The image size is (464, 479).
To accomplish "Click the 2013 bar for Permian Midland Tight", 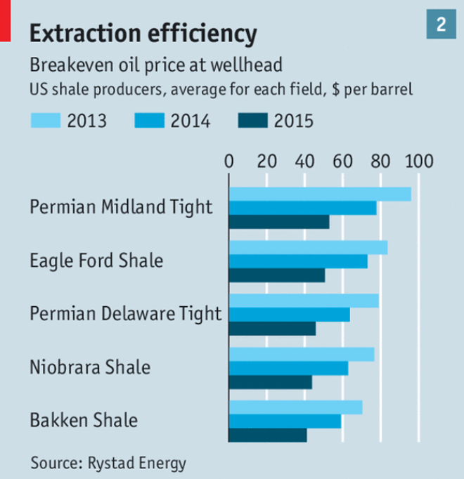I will [x=320, y=195].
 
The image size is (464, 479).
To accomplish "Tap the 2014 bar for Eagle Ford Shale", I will [x=298, y=261].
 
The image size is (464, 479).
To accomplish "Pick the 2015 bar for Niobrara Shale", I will [x=271, y=381].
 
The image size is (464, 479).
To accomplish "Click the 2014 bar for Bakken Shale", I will [x=285, y=421].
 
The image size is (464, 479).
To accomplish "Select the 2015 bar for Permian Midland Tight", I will [x=279, y=222].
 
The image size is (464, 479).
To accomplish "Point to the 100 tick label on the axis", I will [x=418, y=161].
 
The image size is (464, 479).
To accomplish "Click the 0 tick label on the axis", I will [x=229, y=161].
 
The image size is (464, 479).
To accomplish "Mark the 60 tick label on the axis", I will [x=343, y=161].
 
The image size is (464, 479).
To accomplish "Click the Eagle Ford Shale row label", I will [x=96, y=261].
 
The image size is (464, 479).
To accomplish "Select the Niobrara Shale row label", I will [x=90, y=367].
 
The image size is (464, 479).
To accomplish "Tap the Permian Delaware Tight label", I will [x=125, y=314].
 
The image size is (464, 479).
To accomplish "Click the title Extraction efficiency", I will [x=141, y=32].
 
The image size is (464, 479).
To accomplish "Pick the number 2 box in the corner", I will [x=441, y=25].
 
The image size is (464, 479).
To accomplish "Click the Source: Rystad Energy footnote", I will [x=108, y=462].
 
